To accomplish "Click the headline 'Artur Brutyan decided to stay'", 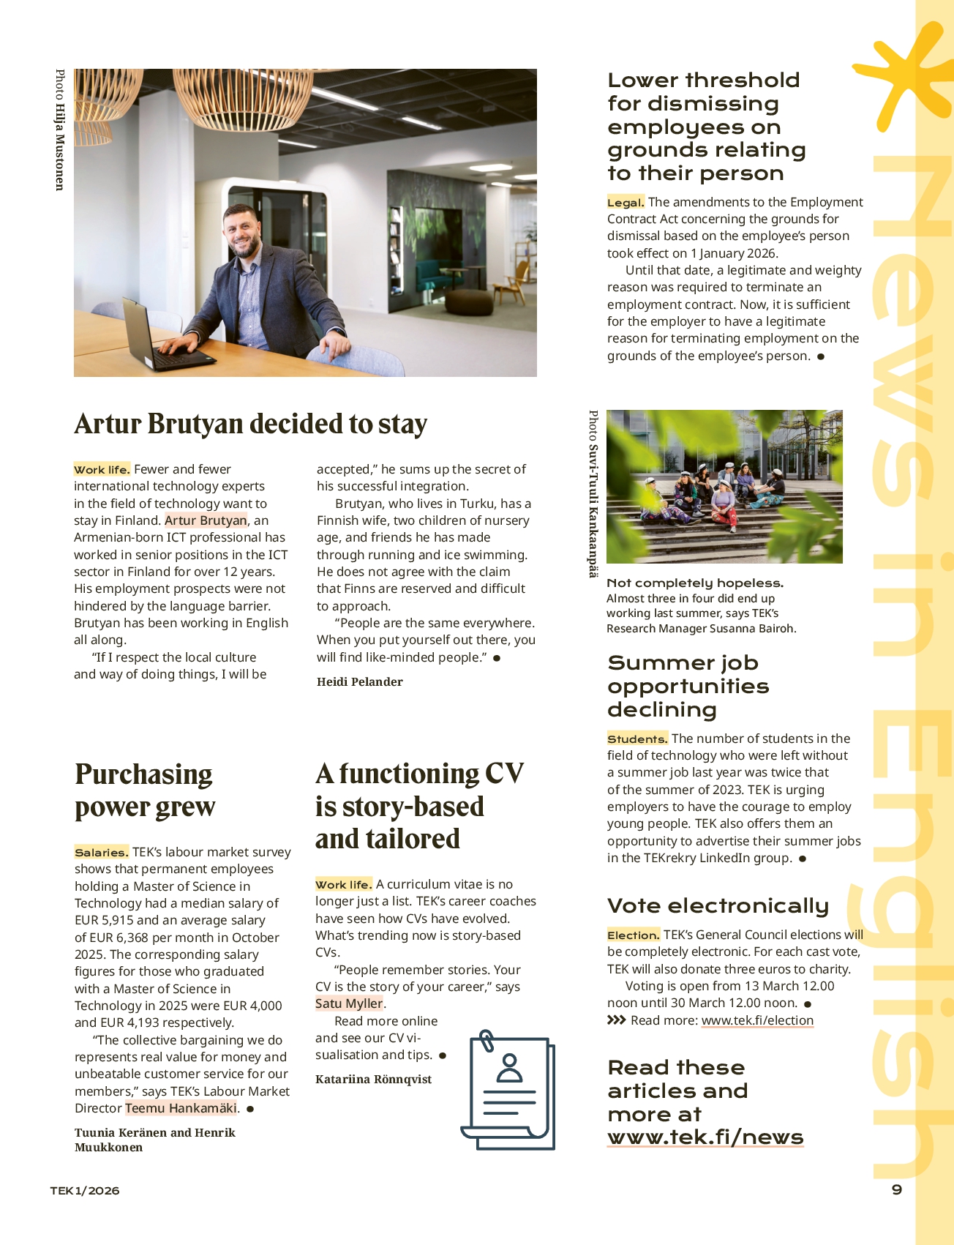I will click(250, 425).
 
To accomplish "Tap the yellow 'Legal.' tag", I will click(626, 203).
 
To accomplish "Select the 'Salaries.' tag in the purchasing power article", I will click(102, 852).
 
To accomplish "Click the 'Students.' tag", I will click(637, 739).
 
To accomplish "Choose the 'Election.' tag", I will click(634, 935).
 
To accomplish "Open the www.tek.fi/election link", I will click(757, 1020).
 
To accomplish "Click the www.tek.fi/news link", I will click(705, 1137).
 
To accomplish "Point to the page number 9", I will click(897, 1189).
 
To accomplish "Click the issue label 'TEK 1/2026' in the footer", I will click(85, 1191).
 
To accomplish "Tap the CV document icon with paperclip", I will click(508, 1090).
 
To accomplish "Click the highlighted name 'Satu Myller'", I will click(349, 1003).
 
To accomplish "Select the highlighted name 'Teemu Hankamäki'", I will click(181, 1108).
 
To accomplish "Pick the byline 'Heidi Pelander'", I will click(360, 682).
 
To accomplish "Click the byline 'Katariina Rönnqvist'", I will click(373, 1080).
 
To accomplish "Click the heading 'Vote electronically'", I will click(718, 906).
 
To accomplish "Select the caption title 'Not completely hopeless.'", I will click(695, 583).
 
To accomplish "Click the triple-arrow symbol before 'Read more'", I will click(616, 1020).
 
